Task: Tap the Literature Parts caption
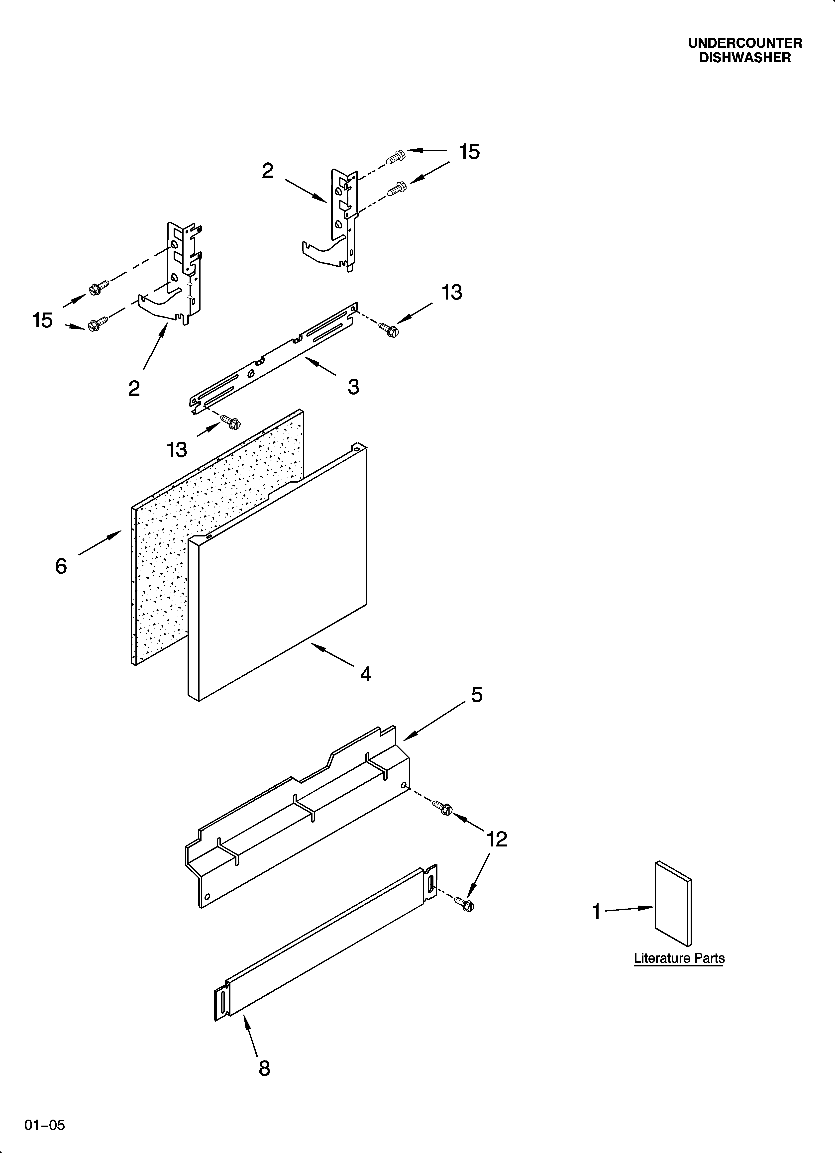pos(679,958)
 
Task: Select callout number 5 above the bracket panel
pos(477,695)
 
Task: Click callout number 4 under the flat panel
pos(366,674)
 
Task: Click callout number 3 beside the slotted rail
pos(353,387)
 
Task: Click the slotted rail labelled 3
pos(275,356)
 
